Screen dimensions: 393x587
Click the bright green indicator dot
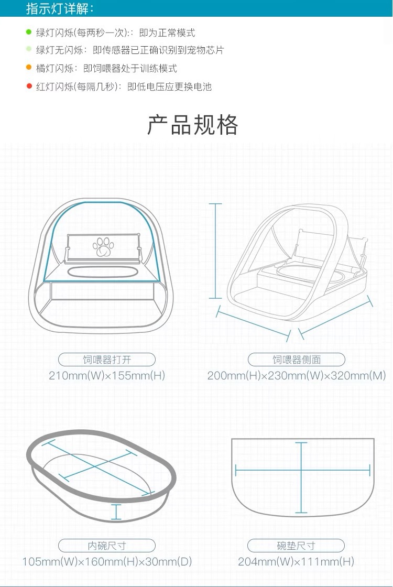point(29,32)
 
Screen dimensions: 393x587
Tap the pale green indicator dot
point(29,50)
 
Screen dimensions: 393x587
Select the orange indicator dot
point(29,68)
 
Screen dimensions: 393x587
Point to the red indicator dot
point(29,86)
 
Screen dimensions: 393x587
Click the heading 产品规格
point(193,125)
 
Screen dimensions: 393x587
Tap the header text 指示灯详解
point(60,8)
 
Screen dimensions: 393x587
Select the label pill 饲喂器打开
point(107,360)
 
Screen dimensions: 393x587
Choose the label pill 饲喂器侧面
point(297,360)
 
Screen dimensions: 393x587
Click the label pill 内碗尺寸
point(107,545)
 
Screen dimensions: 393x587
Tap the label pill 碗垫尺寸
point(297,545)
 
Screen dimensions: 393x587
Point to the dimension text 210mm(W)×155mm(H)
point(107,376)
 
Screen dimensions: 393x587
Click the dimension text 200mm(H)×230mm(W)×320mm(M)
point(297,376)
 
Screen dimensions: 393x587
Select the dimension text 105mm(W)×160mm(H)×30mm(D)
point(107,562)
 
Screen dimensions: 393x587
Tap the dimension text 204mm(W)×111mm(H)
point(297,562)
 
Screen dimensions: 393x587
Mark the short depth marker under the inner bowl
point(116,512)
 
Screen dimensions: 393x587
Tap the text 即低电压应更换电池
point(170,87)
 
